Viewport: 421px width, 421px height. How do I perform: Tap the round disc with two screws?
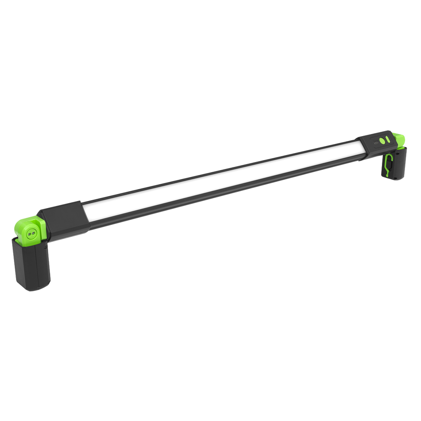point(31,232)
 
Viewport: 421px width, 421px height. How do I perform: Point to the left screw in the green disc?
point(28,233)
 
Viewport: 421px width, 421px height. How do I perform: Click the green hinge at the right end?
point(400,140)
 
